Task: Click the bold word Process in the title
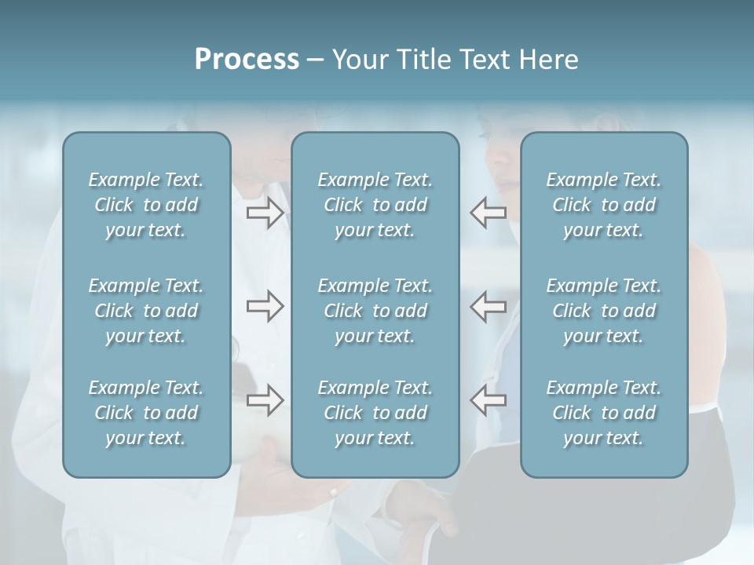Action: click(x=247, y=60)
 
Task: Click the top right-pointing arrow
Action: click(x=265, y=213)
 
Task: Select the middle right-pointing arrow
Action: click(x=265, y=307)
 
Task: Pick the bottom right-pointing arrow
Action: click(x=265, y=400)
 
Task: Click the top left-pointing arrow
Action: click(x=488, y=213)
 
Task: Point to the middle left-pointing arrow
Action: click(x=488, y=307)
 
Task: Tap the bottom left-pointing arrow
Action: click(x=488, y=400)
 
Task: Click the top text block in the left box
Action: click(x=146, y=205)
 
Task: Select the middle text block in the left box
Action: click(x=146, y=311)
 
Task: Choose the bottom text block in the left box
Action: click(x=146, y=413)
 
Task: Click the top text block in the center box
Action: click(x=375, y=205)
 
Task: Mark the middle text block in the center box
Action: click(x=375, y=311)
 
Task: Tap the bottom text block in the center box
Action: click(x=375, y=413)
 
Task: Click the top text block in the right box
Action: click(x=603, y=205)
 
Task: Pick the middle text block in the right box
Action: click(x=603, y=311)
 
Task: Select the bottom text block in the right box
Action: click(x=603, y=413)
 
